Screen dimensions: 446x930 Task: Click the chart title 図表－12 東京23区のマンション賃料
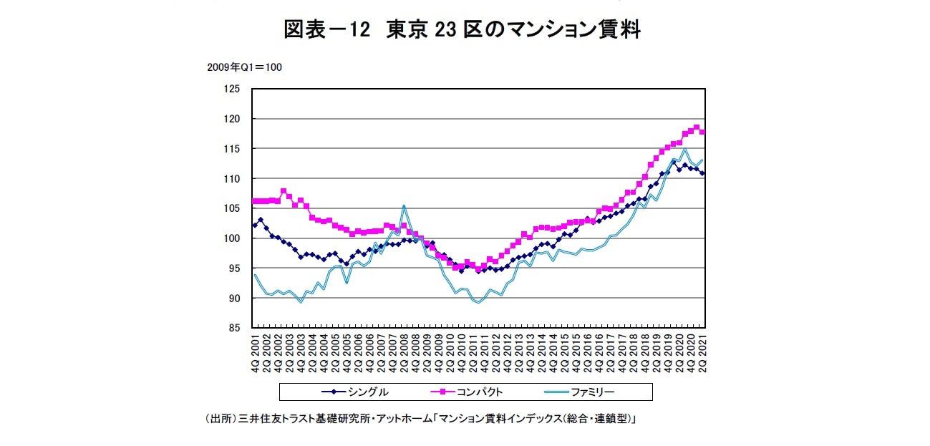coord(462,29)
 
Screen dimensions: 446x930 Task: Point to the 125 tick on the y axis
coord(231,89)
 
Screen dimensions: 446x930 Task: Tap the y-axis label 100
coord(231,238)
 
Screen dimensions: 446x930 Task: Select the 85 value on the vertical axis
coord(233,328)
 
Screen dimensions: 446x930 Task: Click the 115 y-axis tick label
coord(231,149)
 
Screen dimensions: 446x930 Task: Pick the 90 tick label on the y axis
coord(233,298)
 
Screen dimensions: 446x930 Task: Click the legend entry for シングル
coord(356,392)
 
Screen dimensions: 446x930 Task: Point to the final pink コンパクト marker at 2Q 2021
coord(702,132)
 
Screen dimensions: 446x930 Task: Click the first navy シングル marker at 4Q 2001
coord(255,225)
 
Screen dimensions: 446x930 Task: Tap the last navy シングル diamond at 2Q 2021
coord(702,173)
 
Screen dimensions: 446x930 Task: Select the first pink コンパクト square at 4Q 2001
coord(255,201)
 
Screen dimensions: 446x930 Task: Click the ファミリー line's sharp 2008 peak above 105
coord(404,206)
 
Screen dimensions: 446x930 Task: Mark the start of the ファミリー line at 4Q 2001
coord(255,275)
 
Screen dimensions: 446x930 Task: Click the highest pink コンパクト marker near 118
coord(697,127)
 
